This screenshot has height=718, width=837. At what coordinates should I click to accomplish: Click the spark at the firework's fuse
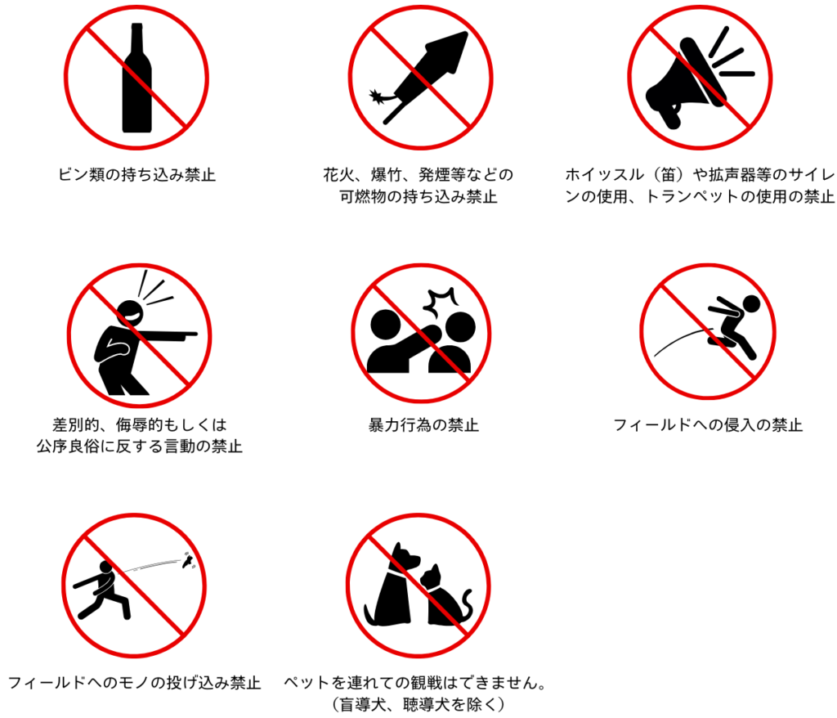378,96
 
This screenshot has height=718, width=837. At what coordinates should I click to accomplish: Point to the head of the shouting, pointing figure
130,313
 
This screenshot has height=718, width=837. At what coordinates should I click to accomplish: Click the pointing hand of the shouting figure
189,334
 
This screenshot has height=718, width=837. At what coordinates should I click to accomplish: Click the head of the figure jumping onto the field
751,304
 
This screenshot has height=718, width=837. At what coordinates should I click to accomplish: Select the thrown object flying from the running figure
188,560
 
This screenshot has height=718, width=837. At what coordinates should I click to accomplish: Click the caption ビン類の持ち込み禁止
137,175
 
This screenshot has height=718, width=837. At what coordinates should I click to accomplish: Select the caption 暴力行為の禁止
423,425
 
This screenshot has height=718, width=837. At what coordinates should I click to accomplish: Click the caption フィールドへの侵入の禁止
708,425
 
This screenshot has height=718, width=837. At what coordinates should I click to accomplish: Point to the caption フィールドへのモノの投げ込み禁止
134,682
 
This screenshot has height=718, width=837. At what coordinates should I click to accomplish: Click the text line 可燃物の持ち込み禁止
418,196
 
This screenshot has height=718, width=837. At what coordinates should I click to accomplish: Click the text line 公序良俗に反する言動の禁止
139,446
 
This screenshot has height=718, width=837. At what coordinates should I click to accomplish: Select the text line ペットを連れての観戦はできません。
414,682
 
